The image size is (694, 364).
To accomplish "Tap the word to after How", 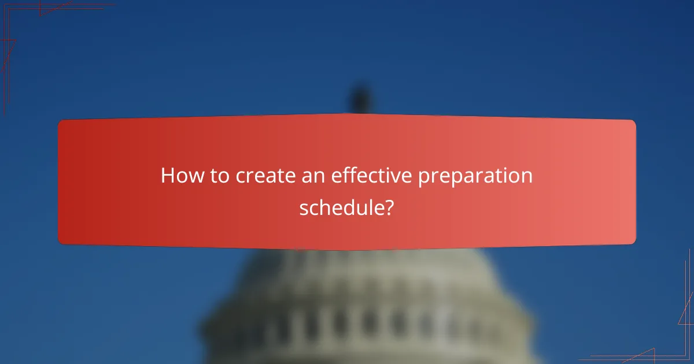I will tap(220, 176).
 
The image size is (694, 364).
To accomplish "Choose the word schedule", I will tap(341, 207).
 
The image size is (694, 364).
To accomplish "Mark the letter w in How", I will tap(195, 176).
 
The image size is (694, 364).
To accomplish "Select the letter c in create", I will tap(239, 176).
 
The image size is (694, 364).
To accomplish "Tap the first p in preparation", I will tap(424, 178).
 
